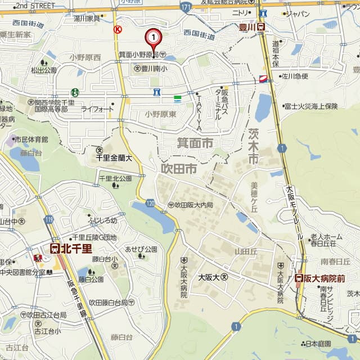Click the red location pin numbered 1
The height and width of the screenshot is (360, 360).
coord(154,38)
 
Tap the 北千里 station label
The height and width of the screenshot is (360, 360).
coord(71,247)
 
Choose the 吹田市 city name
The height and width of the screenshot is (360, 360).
coord(178,168)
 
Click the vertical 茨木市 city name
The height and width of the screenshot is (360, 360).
coord(254,146)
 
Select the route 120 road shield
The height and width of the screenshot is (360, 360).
coord(150,202)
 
